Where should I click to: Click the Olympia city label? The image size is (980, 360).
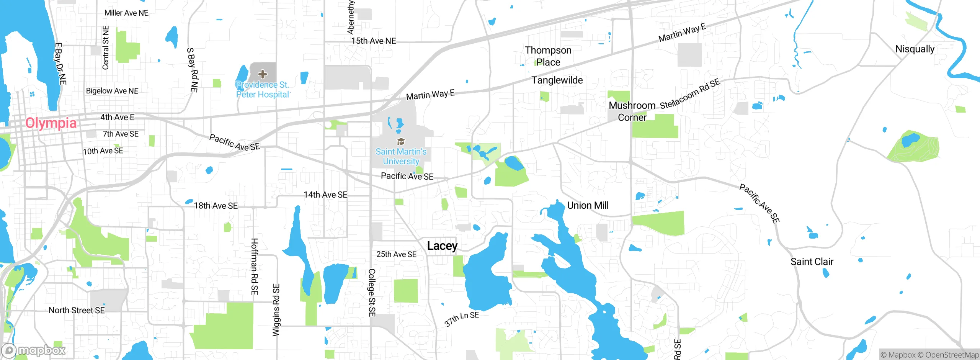coord(51,123)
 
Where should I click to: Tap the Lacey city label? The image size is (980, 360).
coord(442,245)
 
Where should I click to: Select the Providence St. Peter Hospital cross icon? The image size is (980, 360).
coord(262,74)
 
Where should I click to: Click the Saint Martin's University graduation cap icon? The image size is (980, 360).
coord(401,142)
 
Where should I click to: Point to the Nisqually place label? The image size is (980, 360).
coord(915,49)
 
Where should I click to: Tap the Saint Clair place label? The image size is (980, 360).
coord(812,262)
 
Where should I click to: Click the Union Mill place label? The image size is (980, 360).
coord(588,205)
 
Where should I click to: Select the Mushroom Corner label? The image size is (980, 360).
coord(632,111)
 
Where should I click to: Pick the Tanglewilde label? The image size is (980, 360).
coord(557,80)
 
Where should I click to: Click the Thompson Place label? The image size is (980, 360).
coord(548,56)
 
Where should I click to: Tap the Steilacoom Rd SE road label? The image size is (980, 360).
coord(690,94)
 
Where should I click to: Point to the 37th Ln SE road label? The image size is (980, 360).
coord(462,318)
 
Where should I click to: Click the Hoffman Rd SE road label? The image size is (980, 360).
coord(255,266)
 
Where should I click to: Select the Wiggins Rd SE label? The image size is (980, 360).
coord(276,310)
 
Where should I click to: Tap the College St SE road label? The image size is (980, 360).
coord(371,293)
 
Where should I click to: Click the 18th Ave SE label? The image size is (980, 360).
coord(216,206)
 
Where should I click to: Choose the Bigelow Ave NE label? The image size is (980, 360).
coord(112,91)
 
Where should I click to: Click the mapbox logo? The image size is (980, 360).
coord(34,350)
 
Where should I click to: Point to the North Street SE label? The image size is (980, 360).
coord(77,310)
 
